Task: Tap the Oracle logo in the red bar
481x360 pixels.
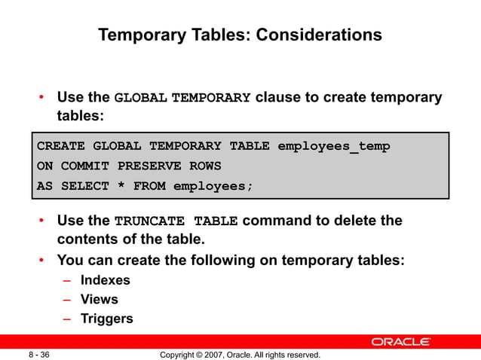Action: coord(401,342)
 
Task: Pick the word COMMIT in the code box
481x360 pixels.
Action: coord(85,166)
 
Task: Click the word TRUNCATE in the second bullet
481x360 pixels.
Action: coord(150,221)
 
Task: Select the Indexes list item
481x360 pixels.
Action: coord(105,280)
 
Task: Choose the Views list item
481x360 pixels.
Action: coord(100,299)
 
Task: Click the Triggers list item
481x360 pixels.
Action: coord(106,319)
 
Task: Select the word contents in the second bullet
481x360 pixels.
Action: coord(86,240)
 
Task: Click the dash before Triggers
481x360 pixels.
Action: coord(67,319)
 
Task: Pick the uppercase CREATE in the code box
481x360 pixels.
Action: coord(60,146)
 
